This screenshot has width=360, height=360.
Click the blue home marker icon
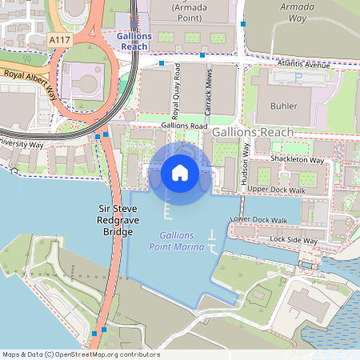(x=180, y=173)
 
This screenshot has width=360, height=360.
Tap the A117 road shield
(x=58, y=39)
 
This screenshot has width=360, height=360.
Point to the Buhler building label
(x=283, y=106)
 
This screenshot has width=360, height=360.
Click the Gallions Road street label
(x=184, y=126)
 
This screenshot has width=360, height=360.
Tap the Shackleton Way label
(x=297, y=160)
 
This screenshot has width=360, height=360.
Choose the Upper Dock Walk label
(x=277, y=190)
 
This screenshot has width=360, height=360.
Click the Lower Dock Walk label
(x=258, y=219)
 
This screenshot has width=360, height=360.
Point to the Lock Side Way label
(x=294, y=240)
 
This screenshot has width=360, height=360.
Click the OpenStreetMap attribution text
(x=81, y=354)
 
